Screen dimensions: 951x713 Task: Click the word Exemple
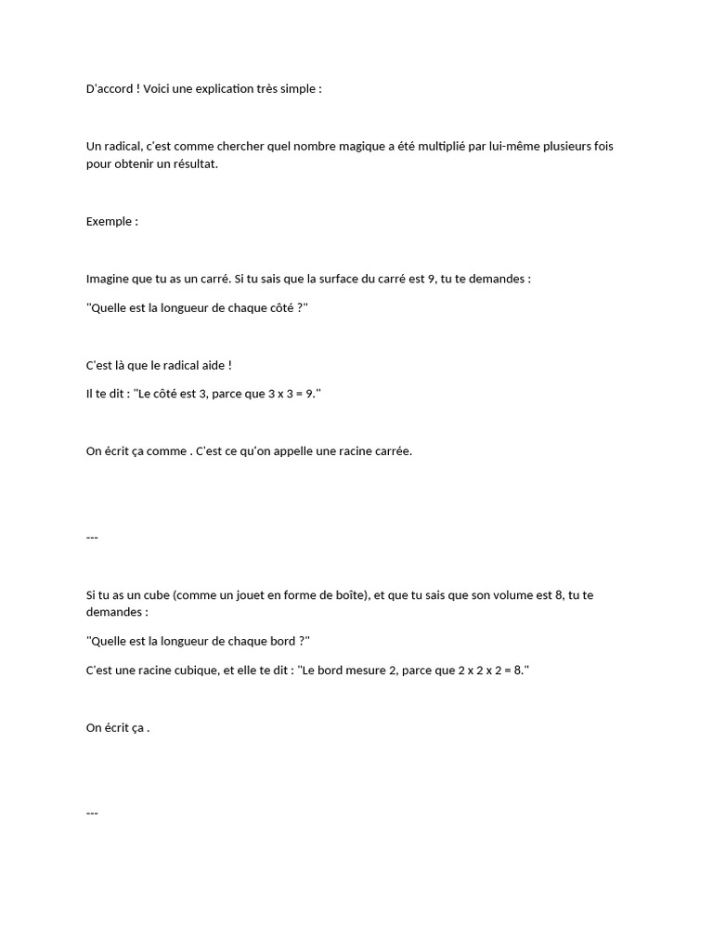109,222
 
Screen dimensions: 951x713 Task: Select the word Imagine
110,279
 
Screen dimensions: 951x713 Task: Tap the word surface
341,279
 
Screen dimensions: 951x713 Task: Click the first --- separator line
92,538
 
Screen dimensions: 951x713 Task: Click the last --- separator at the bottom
92,814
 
